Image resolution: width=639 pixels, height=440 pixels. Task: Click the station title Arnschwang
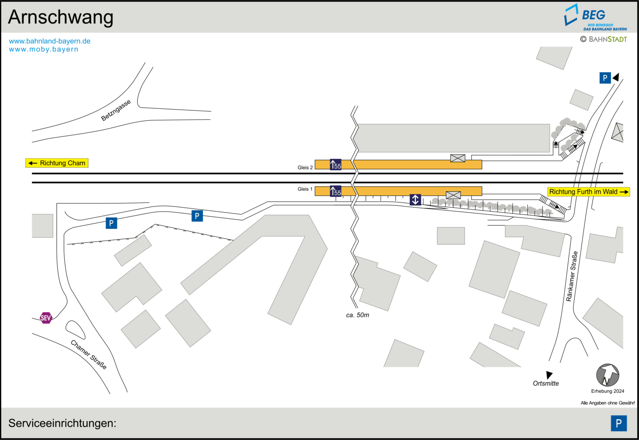click(60, 18)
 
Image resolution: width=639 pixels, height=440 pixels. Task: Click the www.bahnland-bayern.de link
click(50, 41)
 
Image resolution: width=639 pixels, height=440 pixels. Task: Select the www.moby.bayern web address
click(44, 50)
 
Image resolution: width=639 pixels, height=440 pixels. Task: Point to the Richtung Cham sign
click(57, 163)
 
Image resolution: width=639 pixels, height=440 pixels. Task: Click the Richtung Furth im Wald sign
click(589, 192)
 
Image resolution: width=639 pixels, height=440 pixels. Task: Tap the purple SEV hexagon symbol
click(46, 318)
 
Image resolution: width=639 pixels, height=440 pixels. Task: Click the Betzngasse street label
click(116, 110)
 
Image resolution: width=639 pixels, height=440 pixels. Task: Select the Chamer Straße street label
click(89, 354)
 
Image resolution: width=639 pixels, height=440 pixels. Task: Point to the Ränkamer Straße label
click(572, 276)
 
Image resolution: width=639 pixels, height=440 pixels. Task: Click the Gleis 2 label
click(305, 168)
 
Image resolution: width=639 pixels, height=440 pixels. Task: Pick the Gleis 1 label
click(305, 189)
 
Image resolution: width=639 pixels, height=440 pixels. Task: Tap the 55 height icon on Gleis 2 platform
click(335, 164)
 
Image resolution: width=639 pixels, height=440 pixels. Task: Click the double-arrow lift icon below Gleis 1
click(415, 200)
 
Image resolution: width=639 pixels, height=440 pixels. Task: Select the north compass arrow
click(607, 375)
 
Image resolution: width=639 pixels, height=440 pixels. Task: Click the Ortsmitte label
click(546, 384)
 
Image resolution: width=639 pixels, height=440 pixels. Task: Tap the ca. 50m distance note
click(357, 315)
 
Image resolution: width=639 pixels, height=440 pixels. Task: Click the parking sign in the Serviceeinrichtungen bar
click(619, 423)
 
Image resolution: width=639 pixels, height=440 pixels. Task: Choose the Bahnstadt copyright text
click(603, 39)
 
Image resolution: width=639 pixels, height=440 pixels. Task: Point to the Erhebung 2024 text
click(607, 391)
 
